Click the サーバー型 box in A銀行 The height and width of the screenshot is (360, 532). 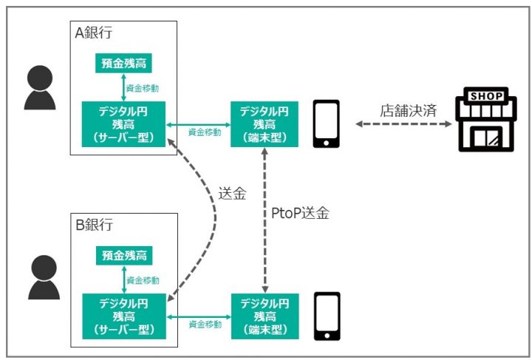123,123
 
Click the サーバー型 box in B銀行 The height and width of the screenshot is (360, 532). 123,316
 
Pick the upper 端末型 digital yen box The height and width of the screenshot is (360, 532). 265,123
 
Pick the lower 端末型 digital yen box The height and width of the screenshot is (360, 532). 265,316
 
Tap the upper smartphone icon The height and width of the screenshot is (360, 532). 326,123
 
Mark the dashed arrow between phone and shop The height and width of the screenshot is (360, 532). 403,125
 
